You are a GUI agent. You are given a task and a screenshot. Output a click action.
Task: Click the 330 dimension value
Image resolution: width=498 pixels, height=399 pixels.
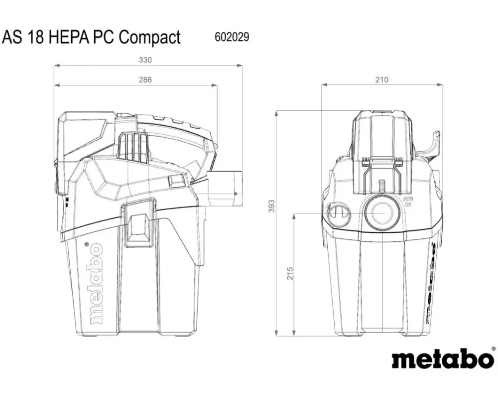point(145,60)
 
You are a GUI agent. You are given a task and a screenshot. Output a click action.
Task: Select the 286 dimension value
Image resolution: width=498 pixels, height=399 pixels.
point(145,79)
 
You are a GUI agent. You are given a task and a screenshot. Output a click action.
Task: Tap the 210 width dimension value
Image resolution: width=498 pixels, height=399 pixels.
point(382,79)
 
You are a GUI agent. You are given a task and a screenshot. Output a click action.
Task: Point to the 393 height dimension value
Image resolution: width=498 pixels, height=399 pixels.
point(271,206)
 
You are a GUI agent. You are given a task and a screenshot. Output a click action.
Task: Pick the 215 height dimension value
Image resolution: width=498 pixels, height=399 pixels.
point(290,274)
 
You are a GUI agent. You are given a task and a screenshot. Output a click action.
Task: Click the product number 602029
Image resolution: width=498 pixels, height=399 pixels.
point(232,37)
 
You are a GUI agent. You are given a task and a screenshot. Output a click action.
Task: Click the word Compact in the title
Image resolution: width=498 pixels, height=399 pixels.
point(149,37)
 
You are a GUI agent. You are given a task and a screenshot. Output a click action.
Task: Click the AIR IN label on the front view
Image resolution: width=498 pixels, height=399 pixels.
point(407,201)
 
